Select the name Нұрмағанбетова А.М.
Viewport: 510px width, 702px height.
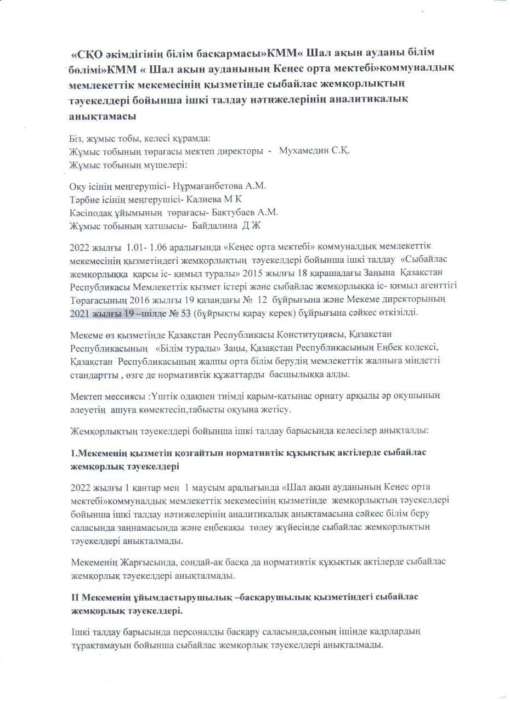[x=225, y=186]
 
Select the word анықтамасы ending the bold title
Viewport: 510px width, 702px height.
[x=101, y=116]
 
